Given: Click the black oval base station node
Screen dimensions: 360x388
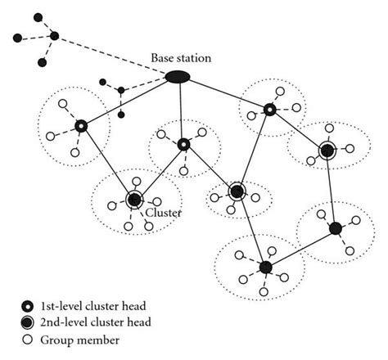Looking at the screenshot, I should coord(178,77).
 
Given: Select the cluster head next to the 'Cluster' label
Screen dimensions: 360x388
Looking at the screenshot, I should coord(134,199).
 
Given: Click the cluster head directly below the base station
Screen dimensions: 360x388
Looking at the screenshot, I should coord(183,145).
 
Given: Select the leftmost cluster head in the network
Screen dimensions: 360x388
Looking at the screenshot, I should coord(80,126).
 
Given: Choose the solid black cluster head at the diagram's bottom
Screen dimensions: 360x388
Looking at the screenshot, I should coord(264,267).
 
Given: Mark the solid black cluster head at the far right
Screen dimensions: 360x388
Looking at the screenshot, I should coord(335,227).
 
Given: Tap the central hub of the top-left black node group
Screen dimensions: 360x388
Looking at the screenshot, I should coord(54,36).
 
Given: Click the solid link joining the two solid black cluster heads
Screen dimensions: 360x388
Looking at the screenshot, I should coord(300,247).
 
